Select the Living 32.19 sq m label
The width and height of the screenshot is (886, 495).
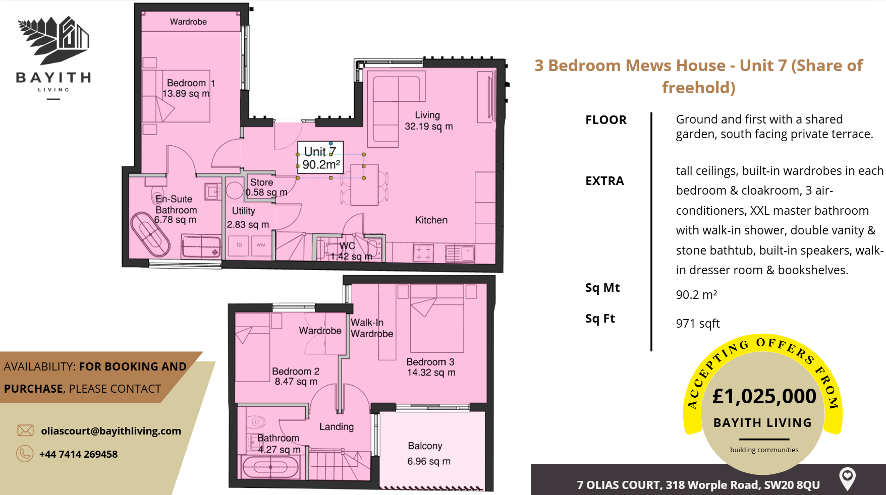pyautogui.click(x=428, y=121)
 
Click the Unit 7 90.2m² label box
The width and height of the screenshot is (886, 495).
pyautogui.click(x=320, y=158)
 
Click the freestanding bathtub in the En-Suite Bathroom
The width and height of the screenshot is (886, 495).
pyautogui.click(x=150, y=234)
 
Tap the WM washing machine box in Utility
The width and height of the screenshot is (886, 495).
pyautogui.click(x=261, y=245)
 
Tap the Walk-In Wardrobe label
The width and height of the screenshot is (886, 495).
pyautogui.click(x=372, y=328)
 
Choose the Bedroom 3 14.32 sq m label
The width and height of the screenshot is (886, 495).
pyautogui.click(x=430, y=367)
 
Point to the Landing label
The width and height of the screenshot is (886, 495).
pyautogui.click(x=337, y=427)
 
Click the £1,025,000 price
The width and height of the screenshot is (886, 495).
pyautogui.click(x=764, y=396)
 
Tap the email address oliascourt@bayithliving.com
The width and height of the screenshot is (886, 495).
pyautogui.click(x=111, y=431)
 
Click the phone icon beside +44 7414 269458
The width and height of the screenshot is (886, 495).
pyautogui.click(x=25, y=454)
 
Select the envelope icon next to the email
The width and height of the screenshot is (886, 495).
pyautogui.click(x=25, y=430)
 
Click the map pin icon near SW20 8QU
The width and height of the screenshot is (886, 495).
pyautogui.click(x=847, y=478)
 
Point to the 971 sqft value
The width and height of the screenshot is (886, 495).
pyautogui.click(x=698, y=324)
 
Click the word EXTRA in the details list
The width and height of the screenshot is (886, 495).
pyautogui.click(x=604, y=181)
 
